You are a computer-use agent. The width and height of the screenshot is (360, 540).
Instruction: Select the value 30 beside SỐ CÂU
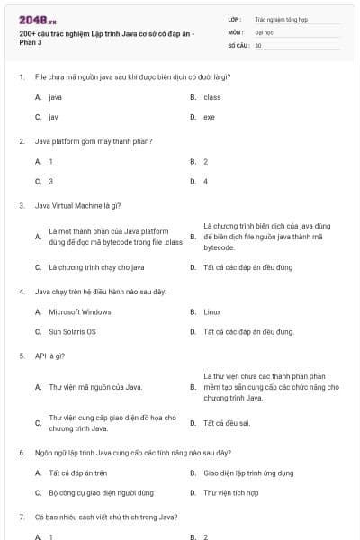[258, 44]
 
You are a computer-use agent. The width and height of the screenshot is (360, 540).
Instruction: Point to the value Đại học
[264, 31]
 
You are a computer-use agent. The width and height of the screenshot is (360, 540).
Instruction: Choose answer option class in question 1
[212, 97]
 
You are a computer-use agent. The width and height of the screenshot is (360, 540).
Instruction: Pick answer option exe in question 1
[209, 117]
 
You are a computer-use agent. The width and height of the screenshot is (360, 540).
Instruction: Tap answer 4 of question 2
[205, 181]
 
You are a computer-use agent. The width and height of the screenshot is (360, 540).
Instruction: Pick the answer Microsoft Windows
[80, 311]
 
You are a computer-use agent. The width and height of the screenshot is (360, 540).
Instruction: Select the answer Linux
[212, 311]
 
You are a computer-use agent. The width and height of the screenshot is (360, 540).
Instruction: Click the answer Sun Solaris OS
[72, 331]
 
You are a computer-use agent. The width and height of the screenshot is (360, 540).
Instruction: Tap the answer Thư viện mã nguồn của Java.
[95, 387]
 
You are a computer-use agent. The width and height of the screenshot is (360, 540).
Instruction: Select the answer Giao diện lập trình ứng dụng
[247, 472]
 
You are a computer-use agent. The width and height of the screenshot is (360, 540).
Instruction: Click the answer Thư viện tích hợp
[231, 492]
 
